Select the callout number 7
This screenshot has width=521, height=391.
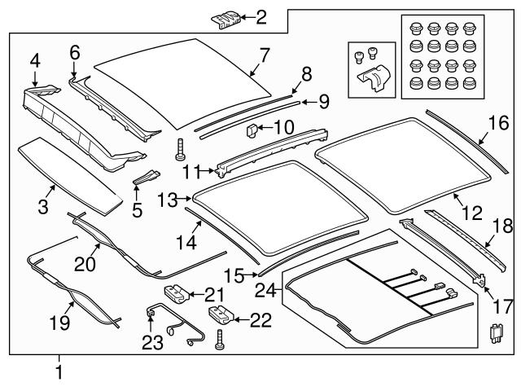(x=264, y=56)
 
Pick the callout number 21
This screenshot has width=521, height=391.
(x=214, y=293)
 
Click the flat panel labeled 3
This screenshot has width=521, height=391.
(x=67, y=168)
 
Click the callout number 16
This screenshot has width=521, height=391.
(x=497, y=123)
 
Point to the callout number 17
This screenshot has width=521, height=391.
(x=501, y=309)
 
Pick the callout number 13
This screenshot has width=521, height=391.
(x=167, y=198)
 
